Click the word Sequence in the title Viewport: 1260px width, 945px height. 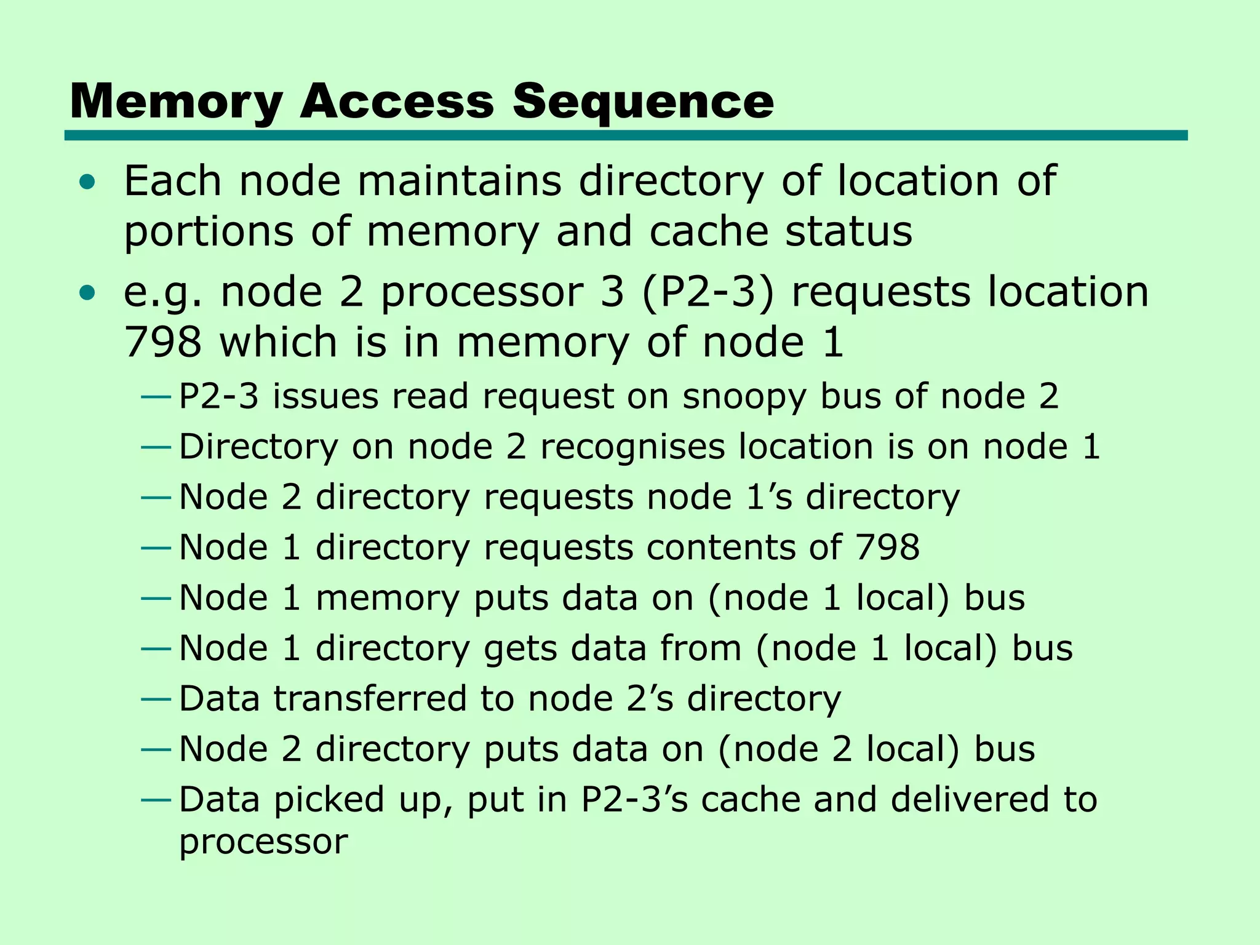[643, 102]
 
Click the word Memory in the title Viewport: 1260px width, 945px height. [177, 102]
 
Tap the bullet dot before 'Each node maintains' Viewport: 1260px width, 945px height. [88, 181]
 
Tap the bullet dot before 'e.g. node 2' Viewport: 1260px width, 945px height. [88, 293]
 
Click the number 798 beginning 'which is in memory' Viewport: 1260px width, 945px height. [162, 342]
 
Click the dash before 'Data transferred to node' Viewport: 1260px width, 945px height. [155, 700]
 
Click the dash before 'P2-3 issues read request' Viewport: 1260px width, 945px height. [155, 397]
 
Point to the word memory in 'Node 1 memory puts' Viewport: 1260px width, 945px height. [387, 598]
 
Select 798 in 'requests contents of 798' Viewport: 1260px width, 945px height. [887, 547]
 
